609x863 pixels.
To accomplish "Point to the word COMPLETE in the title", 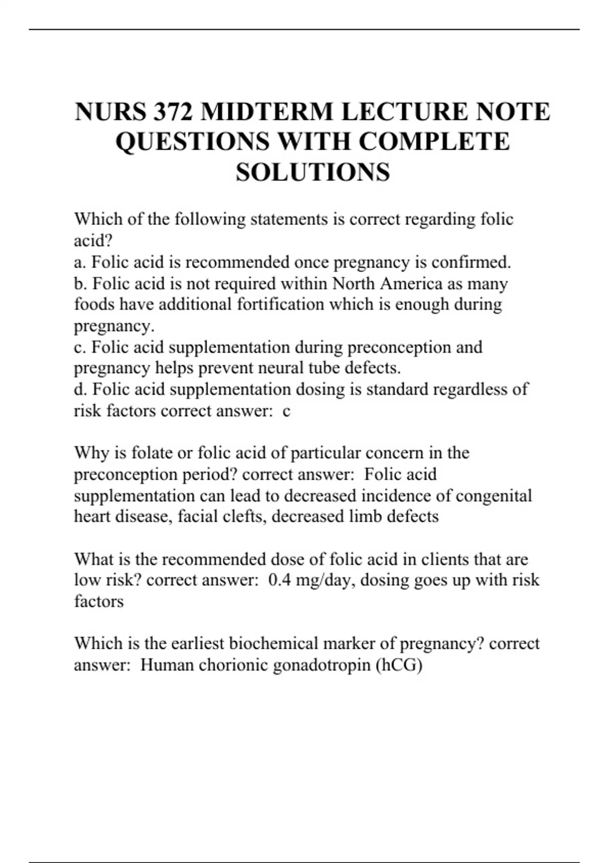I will (434, 142).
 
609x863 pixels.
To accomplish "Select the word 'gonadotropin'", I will (321, 665).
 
